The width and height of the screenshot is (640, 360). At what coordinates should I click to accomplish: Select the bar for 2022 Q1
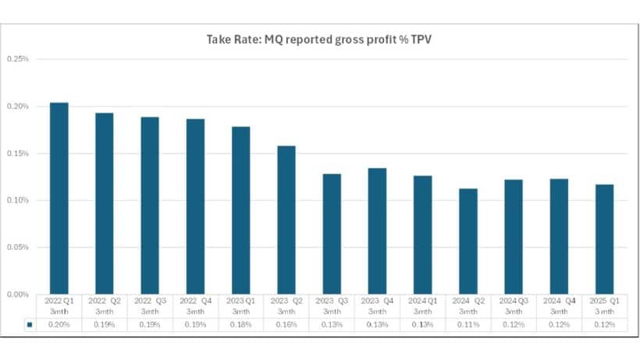click(x=59, y=198)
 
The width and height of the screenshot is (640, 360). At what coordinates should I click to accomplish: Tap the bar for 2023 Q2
click(x=286, y=219)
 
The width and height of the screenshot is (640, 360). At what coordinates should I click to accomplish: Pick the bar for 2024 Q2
click(x=468, y=241)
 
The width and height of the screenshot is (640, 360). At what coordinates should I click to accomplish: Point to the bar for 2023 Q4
click(x=377, y=231)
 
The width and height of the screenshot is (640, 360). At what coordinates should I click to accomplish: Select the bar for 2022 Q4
click(x=195, y=206)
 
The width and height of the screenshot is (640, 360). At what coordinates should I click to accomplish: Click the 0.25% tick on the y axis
click(x=18, y=59)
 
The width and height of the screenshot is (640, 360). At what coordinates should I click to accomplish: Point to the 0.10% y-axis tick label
click(x=18, y=201)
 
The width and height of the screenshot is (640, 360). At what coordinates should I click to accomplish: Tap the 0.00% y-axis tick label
click(x=18, y=294)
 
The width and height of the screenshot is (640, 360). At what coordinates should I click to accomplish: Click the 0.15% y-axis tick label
click(x=18, y=154)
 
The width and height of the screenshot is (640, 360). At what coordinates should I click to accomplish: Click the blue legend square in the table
click(x=29, y=323)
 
